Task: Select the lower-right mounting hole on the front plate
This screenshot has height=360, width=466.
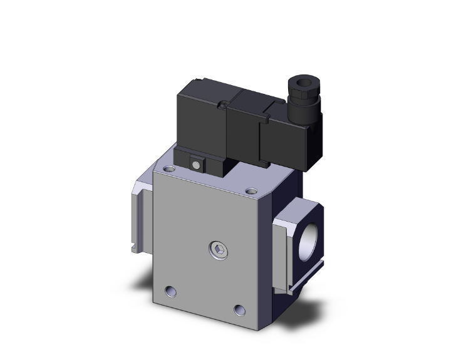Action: (239, 309)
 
